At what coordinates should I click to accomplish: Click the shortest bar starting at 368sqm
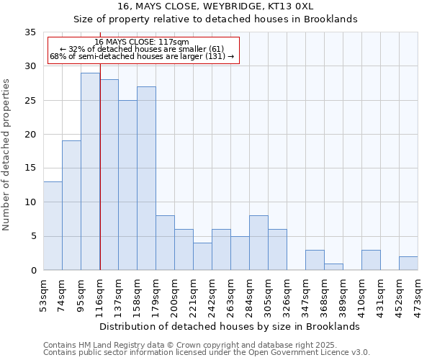click(333, 266)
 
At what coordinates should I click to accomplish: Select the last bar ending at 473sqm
click(408, 263)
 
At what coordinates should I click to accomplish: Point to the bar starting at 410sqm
click(371, 260)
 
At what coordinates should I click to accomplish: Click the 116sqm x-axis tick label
click(100, 296)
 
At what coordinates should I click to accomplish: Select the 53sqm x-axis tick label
click(44, 296)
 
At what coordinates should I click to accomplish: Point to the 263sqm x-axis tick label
click(231, 296)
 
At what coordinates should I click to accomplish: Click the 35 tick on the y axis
click(30, 32)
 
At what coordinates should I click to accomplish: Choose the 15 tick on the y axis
click(30, 168)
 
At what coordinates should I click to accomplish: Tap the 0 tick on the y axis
click(33, 271)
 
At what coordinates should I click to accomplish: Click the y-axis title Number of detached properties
click(7, 156)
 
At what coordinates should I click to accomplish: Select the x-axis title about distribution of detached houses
click(229, 327)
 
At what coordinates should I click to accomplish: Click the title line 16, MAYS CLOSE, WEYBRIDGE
click(216, 6)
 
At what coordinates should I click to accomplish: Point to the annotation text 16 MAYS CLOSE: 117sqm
click(142, 42)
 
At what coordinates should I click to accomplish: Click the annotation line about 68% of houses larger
click(142, 56)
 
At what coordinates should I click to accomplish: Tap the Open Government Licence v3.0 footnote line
click(207, 353)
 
